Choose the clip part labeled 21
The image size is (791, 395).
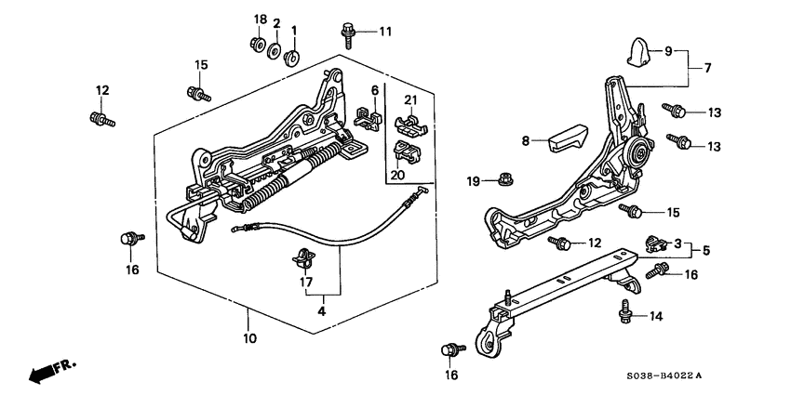click(x=407, y=121)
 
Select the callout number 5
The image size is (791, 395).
click(x=707, y=251)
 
